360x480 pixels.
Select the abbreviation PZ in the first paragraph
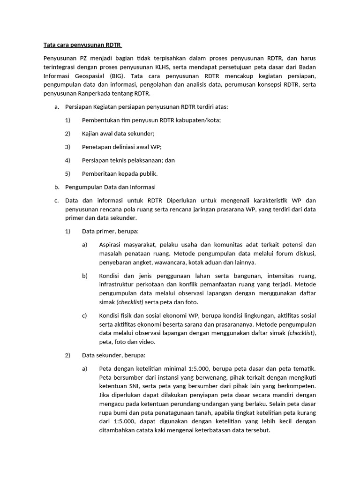(83, 58)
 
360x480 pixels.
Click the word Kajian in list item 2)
(91, 133)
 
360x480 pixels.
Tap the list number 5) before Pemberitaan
(67, 173)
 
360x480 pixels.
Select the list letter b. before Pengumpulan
(56, 187)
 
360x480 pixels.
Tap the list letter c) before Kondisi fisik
(84, 315)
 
